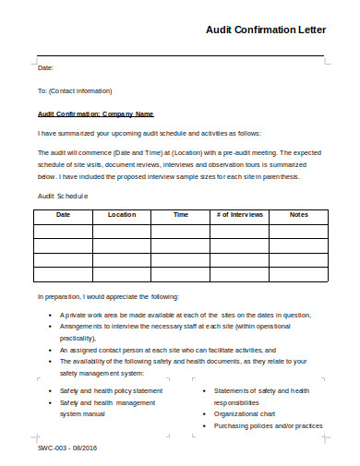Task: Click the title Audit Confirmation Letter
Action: [x=266, y=30]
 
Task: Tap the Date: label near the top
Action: [x=45, y=68]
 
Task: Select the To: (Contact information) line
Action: [x=75, y=91]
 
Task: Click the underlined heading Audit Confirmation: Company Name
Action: [x=95, y=114]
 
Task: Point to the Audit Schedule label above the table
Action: [x=62, y=196]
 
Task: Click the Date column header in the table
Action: [x=63, y=215]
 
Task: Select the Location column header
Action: [x=121, y=215]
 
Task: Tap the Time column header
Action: [x=181, y=215]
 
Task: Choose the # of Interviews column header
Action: [x=240, y=215]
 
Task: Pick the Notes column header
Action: [x=299, y=215]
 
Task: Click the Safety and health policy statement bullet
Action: [x=111, y=390]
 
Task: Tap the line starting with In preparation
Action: [x=109, y=297]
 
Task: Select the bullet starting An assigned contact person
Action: [x=167, y=351]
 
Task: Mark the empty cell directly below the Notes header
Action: [x=299, y=231]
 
